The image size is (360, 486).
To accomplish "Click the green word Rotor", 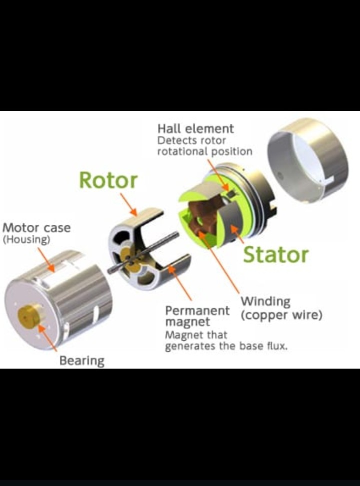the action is [108, 180].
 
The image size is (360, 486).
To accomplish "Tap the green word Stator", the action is [275, 255].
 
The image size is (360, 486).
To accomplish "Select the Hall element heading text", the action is [196, 129].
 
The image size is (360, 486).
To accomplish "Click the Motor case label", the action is [36, 228].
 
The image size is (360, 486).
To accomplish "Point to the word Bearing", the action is [82, 361].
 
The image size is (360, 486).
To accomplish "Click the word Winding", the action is [265, 301].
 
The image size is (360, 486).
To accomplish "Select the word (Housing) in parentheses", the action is [26, 240].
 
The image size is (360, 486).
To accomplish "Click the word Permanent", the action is [197, 310].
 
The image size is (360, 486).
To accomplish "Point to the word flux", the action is [277, 346].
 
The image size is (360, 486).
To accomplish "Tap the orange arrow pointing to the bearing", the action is [48, 337].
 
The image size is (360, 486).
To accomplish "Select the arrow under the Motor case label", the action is [46, 260].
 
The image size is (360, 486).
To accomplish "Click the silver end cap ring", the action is [307, 160].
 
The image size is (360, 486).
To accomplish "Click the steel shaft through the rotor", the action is [143, 253].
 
